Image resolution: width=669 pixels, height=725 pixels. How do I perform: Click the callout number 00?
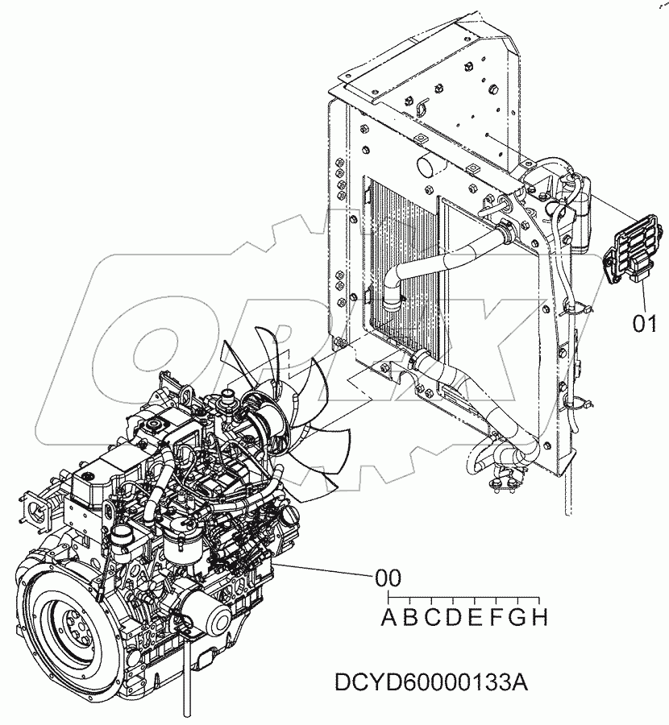(x=388, y=578)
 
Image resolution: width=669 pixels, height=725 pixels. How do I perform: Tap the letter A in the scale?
(x=389, y=619)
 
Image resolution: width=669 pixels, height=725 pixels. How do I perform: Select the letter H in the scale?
(x=540, y=619)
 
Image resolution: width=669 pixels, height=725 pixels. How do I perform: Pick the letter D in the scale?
(x=454, y=619)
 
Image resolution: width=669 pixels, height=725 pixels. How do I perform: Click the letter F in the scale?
(x=497, y=619)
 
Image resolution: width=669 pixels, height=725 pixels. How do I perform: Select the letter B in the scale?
(x=410, y=619)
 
